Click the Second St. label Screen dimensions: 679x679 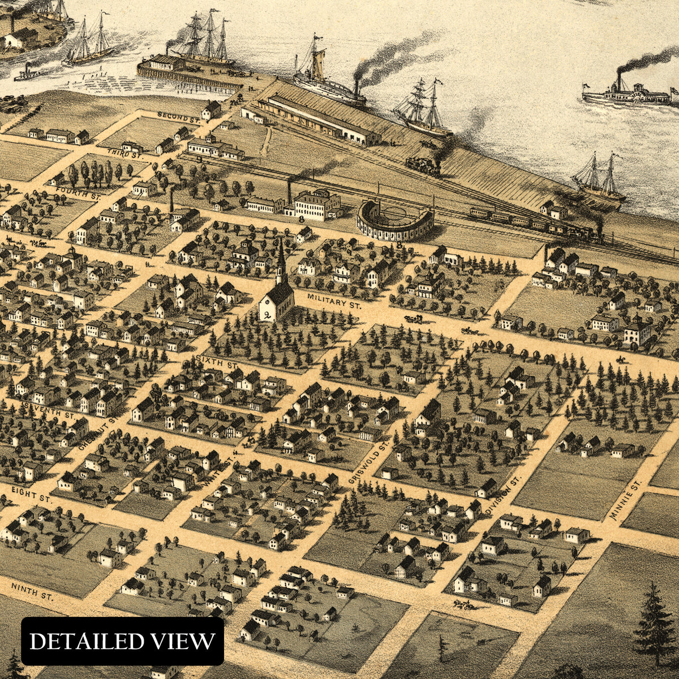pyautogui.click(x=179, y=117)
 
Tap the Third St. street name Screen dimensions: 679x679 pyautogui.click(x=124, y=153)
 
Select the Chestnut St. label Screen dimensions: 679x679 pyautogui.click(x=98, y=434)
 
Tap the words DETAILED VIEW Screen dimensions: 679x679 pyautogui.click(x=122, y=641)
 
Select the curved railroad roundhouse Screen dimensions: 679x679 pyautogui.click(x=394, y=221)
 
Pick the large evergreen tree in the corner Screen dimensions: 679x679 pyautogui.click(x=655, y=622)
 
